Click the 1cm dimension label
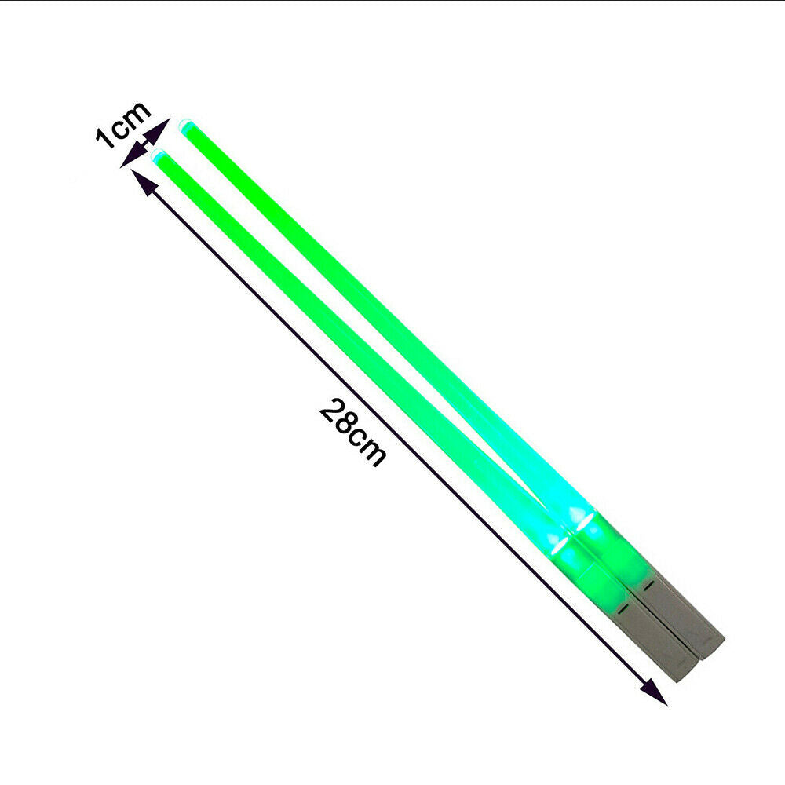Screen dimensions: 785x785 [x=122, y=125]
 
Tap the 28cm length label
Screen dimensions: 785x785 [x=353, y=433]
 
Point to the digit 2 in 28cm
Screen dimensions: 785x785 [x=330, y=411]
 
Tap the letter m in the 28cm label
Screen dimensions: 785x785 [x=372, y=451]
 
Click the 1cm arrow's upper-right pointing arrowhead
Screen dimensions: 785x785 [x=159, y=130]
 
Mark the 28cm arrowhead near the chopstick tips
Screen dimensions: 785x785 [x=141, y=181]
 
